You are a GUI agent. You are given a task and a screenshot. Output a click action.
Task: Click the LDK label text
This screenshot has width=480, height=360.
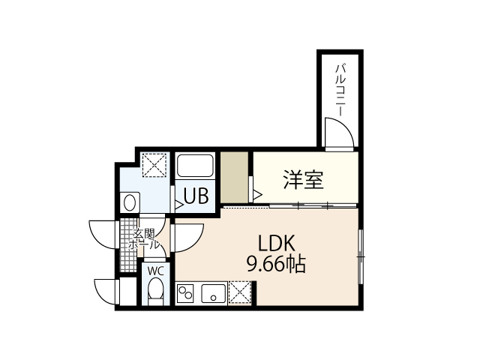[x=279, y=244]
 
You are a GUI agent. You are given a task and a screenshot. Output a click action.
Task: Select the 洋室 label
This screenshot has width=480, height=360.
[x=303, y=181]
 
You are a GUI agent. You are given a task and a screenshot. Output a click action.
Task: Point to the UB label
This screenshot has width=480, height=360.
[x=196, y=196]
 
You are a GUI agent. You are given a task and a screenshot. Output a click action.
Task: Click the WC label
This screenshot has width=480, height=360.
[x=155, y=271]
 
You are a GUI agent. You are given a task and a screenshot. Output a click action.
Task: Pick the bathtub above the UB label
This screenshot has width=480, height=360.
[x=196, y=166]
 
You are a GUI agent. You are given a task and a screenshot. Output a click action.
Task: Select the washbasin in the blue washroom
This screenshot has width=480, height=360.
[x=130, y=202]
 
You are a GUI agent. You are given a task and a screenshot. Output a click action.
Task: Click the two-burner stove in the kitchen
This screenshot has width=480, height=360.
[x=186, y=293]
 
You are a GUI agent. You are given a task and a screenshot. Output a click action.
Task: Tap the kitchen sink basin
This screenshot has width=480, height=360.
[x=212, y=293]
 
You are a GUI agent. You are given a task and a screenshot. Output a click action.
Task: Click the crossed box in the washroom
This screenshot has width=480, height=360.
[x=155, y=164]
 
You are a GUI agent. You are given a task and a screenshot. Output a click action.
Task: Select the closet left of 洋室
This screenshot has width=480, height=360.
[x=235, y=178]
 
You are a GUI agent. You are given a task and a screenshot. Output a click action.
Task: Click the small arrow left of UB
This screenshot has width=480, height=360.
[x=179, y=202]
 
